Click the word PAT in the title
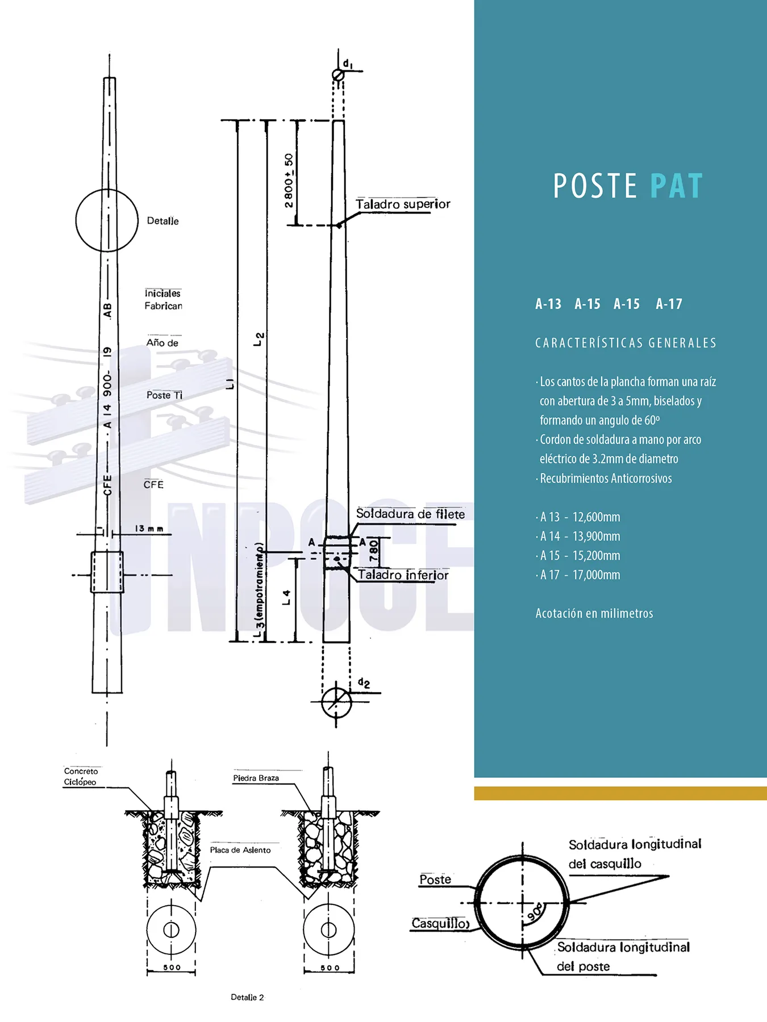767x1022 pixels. click(676, 186)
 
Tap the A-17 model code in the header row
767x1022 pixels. click(669, 304)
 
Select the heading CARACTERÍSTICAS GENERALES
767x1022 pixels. click(626, 343)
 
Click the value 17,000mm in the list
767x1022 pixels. click(596, 575)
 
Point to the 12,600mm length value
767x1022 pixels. click(596, 517)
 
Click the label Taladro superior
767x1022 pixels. click(403, 204)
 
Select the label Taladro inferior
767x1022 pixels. click(403, 575)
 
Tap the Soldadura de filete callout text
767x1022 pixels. click(410, 514)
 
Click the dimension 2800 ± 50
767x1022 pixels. click(289, 181)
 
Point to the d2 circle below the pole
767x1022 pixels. click(336, 702)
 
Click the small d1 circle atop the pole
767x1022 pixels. click(338, 75)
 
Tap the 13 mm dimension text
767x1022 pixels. click(149, 529)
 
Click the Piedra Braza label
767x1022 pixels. click(256, 778)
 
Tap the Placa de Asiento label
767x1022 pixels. click(240, 850)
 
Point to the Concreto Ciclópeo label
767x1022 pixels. click(80, 777)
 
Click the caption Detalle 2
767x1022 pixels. click(247, 997)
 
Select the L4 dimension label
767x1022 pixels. click(286, 597)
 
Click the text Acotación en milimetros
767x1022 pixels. click(594, 614)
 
